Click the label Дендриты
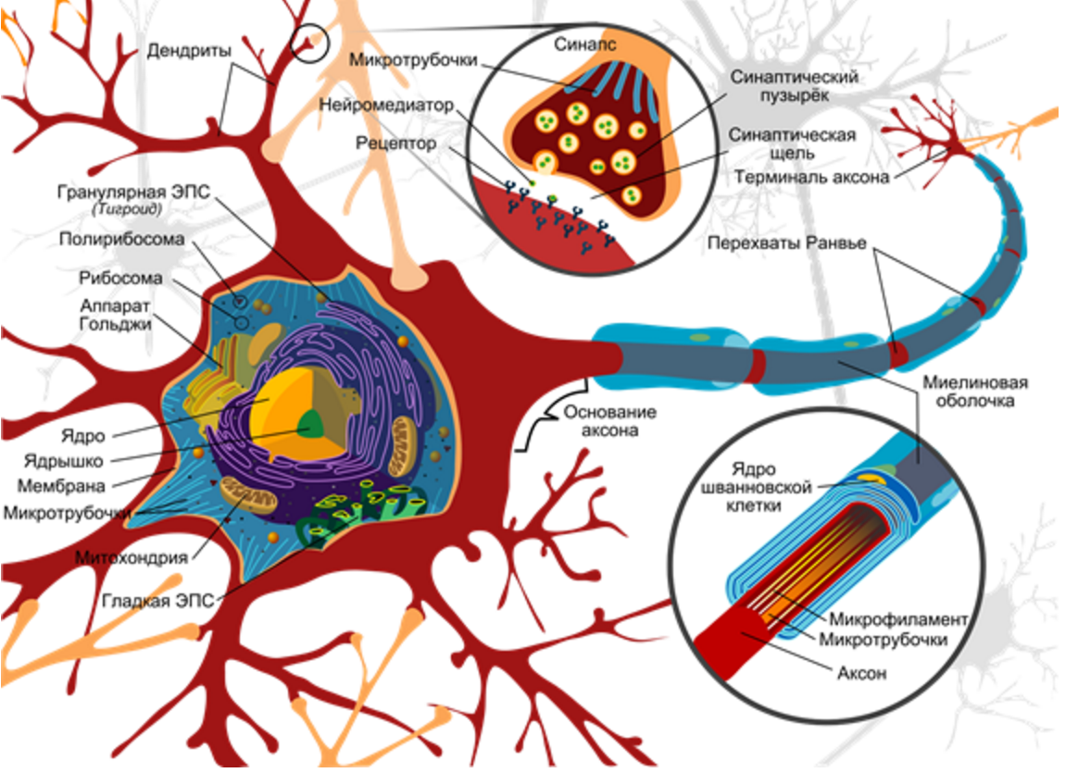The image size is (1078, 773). pos(189,51)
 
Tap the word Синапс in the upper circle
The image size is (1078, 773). pos(585,44)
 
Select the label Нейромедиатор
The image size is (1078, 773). pos(386,106)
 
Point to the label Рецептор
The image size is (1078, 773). pos(396,143)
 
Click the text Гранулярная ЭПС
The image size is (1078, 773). pos(133,192)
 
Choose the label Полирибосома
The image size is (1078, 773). pos(121,239)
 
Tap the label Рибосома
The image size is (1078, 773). pos(121,279)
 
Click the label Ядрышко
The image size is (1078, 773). pos(63,461)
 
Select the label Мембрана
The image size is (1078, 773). pos(61,486)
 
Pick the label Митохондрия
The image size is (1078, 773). pos(132,558)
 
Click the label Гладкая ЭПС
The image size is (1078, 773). pos(158,601)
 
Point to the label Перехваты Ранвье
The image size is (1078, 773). pos(787,243)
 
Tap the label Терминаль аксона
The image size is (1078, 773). pos(812,177)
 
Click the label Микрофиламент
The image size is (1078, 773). pos(898,619)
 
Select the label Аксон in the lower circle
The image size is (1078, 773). pos(861,673)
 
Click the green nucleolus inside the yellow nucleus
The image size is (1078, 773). pos(311,425)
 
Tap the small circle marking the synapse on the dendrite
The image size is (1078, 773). pos(309,44)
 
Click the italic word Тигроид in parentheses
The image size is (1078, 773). pos(127,209)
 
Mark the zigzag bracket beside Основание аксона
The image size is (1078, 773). pos(540,426)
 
